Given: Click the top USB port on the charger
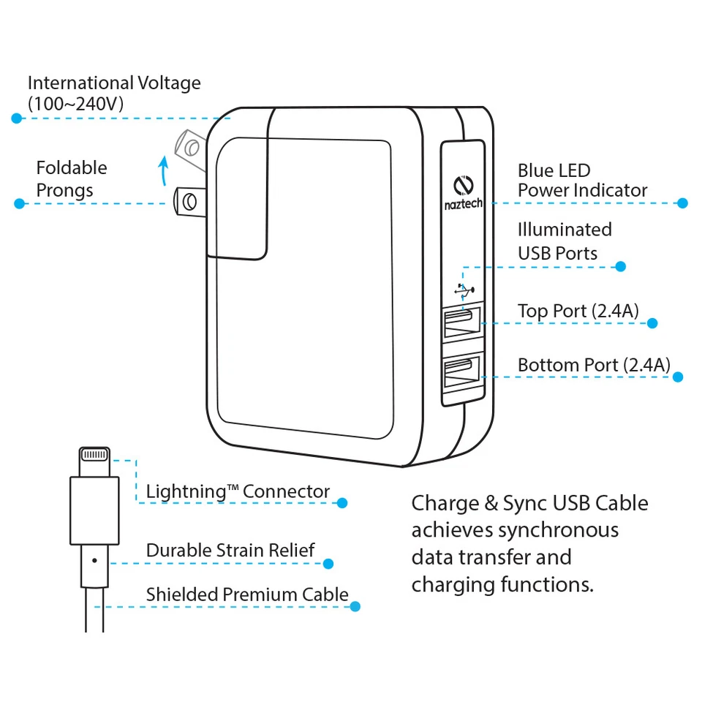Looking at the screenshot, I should click(461, 322).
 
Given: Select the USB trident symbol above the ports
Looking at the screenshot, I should click(463, 289).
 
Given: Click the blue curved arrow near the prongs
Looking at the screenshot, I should click(164, 171).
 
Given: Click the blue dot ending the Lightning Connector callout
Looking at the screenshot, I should click(341, 502).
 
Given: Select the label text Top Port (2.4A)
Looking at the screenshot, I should click(578, 311).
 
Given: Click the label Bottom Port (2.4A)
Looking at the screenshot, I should click(594, 364).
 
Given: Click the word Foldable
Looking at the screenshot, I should click(72, 168).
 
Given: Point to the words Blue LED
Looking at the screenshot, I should click(554, 170).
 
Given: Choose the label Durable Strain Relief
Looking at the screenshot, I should click(230, 550).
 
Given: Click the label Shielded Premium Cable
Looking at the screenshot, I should click(247, 595).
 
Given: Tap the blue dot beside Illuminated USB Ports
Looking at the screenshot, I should click(620, 266).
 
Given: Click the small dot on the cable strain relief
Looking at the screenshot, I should click(94, 561).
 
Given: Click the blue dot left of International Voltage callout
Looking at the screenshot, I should click(17, 118).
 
